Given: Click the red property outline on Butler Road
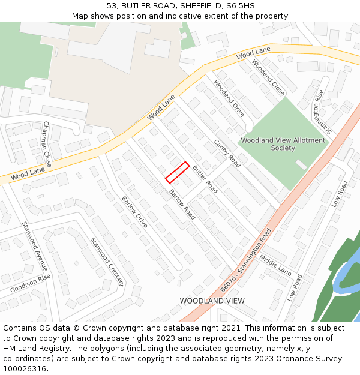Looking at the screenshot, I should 178,172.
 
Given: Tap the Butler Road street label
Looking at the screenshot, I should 205,179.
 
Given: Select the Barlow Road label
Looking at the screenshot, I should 182,205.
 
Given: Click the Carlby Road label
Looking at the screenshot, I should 227,153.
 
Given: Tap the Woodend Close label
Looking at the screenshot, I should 268,77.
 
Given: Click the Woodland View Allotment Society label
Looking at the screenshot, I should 283,144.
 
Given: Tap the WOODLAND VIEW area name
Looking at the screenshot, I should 212,301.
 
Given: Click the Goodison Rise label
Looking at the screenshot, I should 31,284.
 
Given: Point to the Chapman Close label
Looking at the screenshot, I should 47,144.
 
